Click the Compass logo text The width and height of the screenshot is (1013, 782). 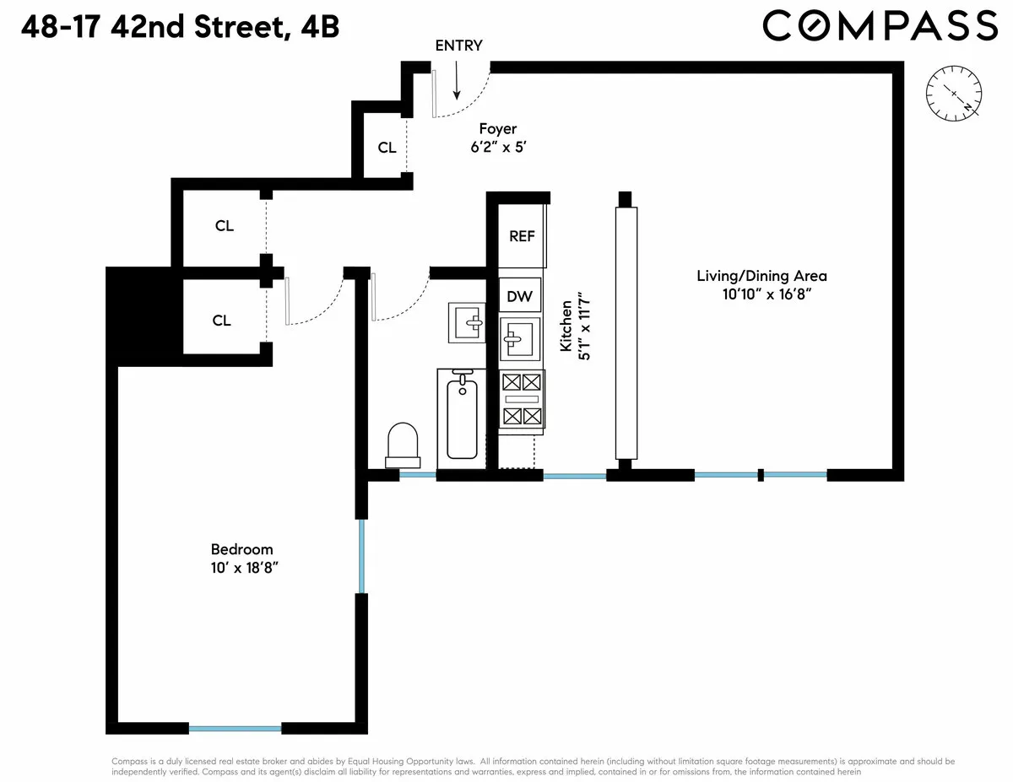coord(880,25)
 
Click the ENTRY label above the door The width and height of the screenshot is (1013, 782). coord(458,46)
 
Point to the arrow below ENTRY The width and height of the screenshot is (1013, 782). coord(456,81)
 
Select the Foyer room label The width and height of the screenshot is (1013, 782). coord(498,129)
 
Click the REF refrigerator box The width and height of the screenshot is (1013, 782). coord(522,236)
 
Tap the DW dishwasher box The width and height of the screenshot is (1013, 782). coord(519,296)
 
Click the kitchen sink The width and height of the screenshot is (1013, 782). coord(519,339)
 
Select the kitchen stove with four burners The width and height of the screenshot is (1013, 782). coord(521,399)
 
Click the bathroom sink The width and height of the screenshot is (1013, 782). coord(467,321)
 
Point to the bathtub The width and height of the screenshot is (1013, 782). coord(461,418)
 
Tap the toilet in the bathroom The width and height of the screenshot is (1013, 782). coord(403,445)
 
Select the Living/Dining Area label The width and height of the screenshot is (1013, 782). coord(761,276)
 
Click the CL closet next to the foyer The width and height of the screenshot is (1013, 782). coord(387,148)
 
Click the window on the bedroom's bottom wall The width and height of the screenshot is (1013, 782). coord(235,728)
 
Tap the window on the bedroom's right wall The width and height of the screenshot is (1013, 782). coord(361,557)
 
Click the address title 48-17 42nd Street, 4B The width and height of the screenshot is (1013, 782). coord(180,28)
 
